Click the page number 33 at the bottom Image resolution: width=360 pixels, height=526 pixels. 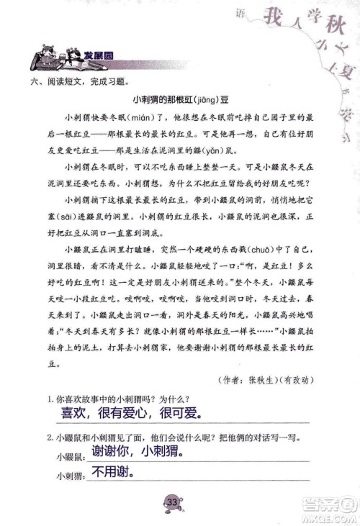pyautogui.click(x=172, y=502)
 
